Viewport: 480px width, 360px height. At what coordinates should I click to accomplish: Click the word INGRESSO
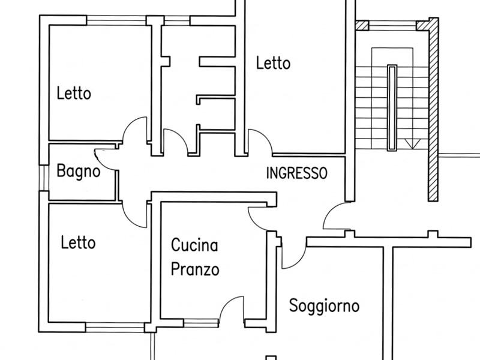pyautogui.click(x=296, y=173)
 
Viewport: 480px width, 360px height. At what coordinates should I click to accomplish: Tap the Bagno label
pyautogui.click(x=79, y=172)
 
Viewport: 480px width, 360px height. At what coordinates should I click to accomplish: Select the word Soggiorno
pyautogui.click(x=324, y=306)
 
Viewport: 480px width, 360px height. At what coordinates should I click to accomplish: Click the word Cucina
pyautogui.click(x=194, y=245)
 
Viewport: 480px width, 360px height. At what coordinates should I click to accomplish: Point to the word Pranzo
pyautogui.click(x=195, y=269)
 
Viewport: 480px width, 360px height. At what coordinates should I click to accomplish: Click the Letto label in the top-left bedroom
pyautogui.click(x=74, y=93)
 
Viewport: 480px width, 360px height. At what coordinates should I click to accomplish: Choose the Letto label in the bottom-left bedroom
pyautogui.click(x=78, y=242)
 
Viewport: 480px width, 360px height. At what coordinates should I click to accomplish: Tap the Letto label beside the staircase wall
pyautogui.click(x=273, y=63)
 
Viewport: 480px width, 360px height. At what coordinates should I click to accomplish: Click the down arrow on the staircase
pyautogui.click(x=412, y=144)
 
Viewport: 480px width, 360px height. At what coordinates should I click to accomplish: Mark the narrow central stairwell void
pyautogui.click(x=392, y=108)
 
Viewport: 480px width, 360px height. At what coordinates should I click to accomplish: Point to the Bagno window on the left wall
pyautogui.click(x=44, y=178)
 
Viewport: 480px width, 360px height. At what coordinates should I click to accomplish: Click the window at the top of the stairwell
pyautogui.click(x=392, y=25)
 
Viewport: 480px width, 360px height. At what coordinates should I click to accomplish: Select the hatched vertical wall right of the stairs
pyautogui.click(x=433, y=109)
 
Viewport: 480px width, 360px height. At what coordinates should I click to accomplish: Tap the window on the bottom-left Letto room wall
pyautogui.click(x=115, y=327)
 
